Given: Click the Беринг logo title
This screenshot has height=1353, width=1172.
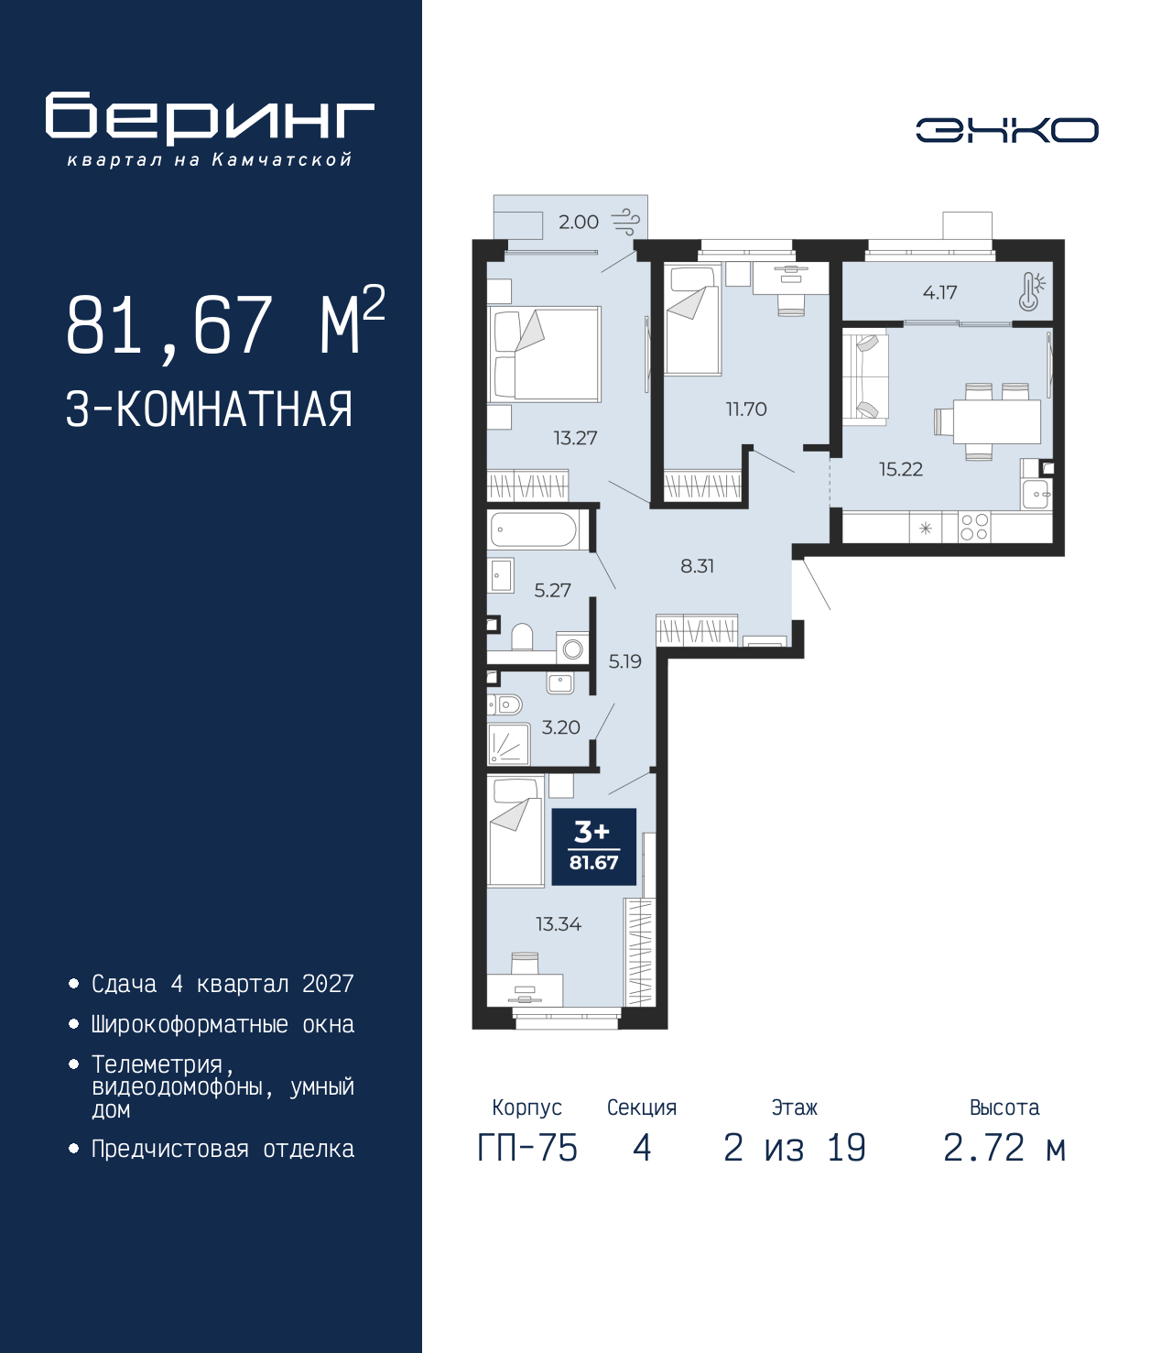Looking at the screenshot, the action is click(210, 118).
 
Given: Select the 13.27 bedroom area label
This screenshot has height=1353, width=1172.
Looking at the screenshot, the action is click(575, 438).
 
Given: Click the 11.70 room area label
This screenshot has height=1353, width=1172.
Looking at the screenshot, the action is click(746, 409).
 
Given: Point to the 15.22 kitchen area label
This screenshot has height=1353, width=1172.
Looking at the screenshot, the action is click(900, 469).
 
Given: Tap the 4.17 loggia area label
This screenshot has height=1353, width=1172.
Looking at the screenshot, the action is click(939, 292).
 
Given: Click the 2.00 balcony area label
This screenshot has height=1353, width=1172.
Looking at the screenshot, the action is click(579, 223).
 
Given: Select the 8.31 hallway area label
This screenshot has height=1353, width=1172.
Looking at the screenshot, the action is click(697, 566).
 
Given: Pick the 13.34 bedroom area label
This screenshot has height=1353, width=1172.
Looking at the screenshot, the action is click(559, 924).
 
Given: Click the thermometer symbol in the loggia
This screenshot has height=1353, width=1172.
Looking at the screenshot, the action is click(1031, 292).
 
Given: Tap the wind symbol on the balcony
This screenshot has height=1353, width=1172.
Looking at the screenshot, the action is click(625, 222).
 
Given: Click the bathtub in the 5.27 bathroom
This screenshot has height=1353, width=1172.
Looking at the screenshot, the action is click(534, 529).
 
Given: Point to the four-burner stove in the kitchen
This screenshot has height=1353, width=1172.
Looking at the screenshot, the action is click(973, 527).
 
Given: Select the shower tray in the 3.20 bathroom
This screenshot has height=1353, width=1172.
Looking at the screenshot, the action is click(509, 744).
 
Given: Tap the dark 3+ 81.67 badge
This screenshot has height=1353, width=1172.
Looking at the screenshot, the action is click(593, 847).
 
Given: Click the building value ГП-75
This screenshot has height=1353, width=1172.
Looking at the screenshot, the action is click(527, 1148).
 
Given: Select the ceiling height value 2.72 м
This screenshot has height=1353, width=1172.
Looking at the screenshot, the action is click(1004, 1148).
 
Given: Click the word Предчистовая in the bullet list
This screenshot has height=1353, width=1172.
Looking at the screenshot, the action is click(170, 1150).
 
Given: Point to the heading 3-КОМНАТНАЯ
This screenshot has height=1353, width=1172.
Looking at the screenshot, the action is click(210, 409).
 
